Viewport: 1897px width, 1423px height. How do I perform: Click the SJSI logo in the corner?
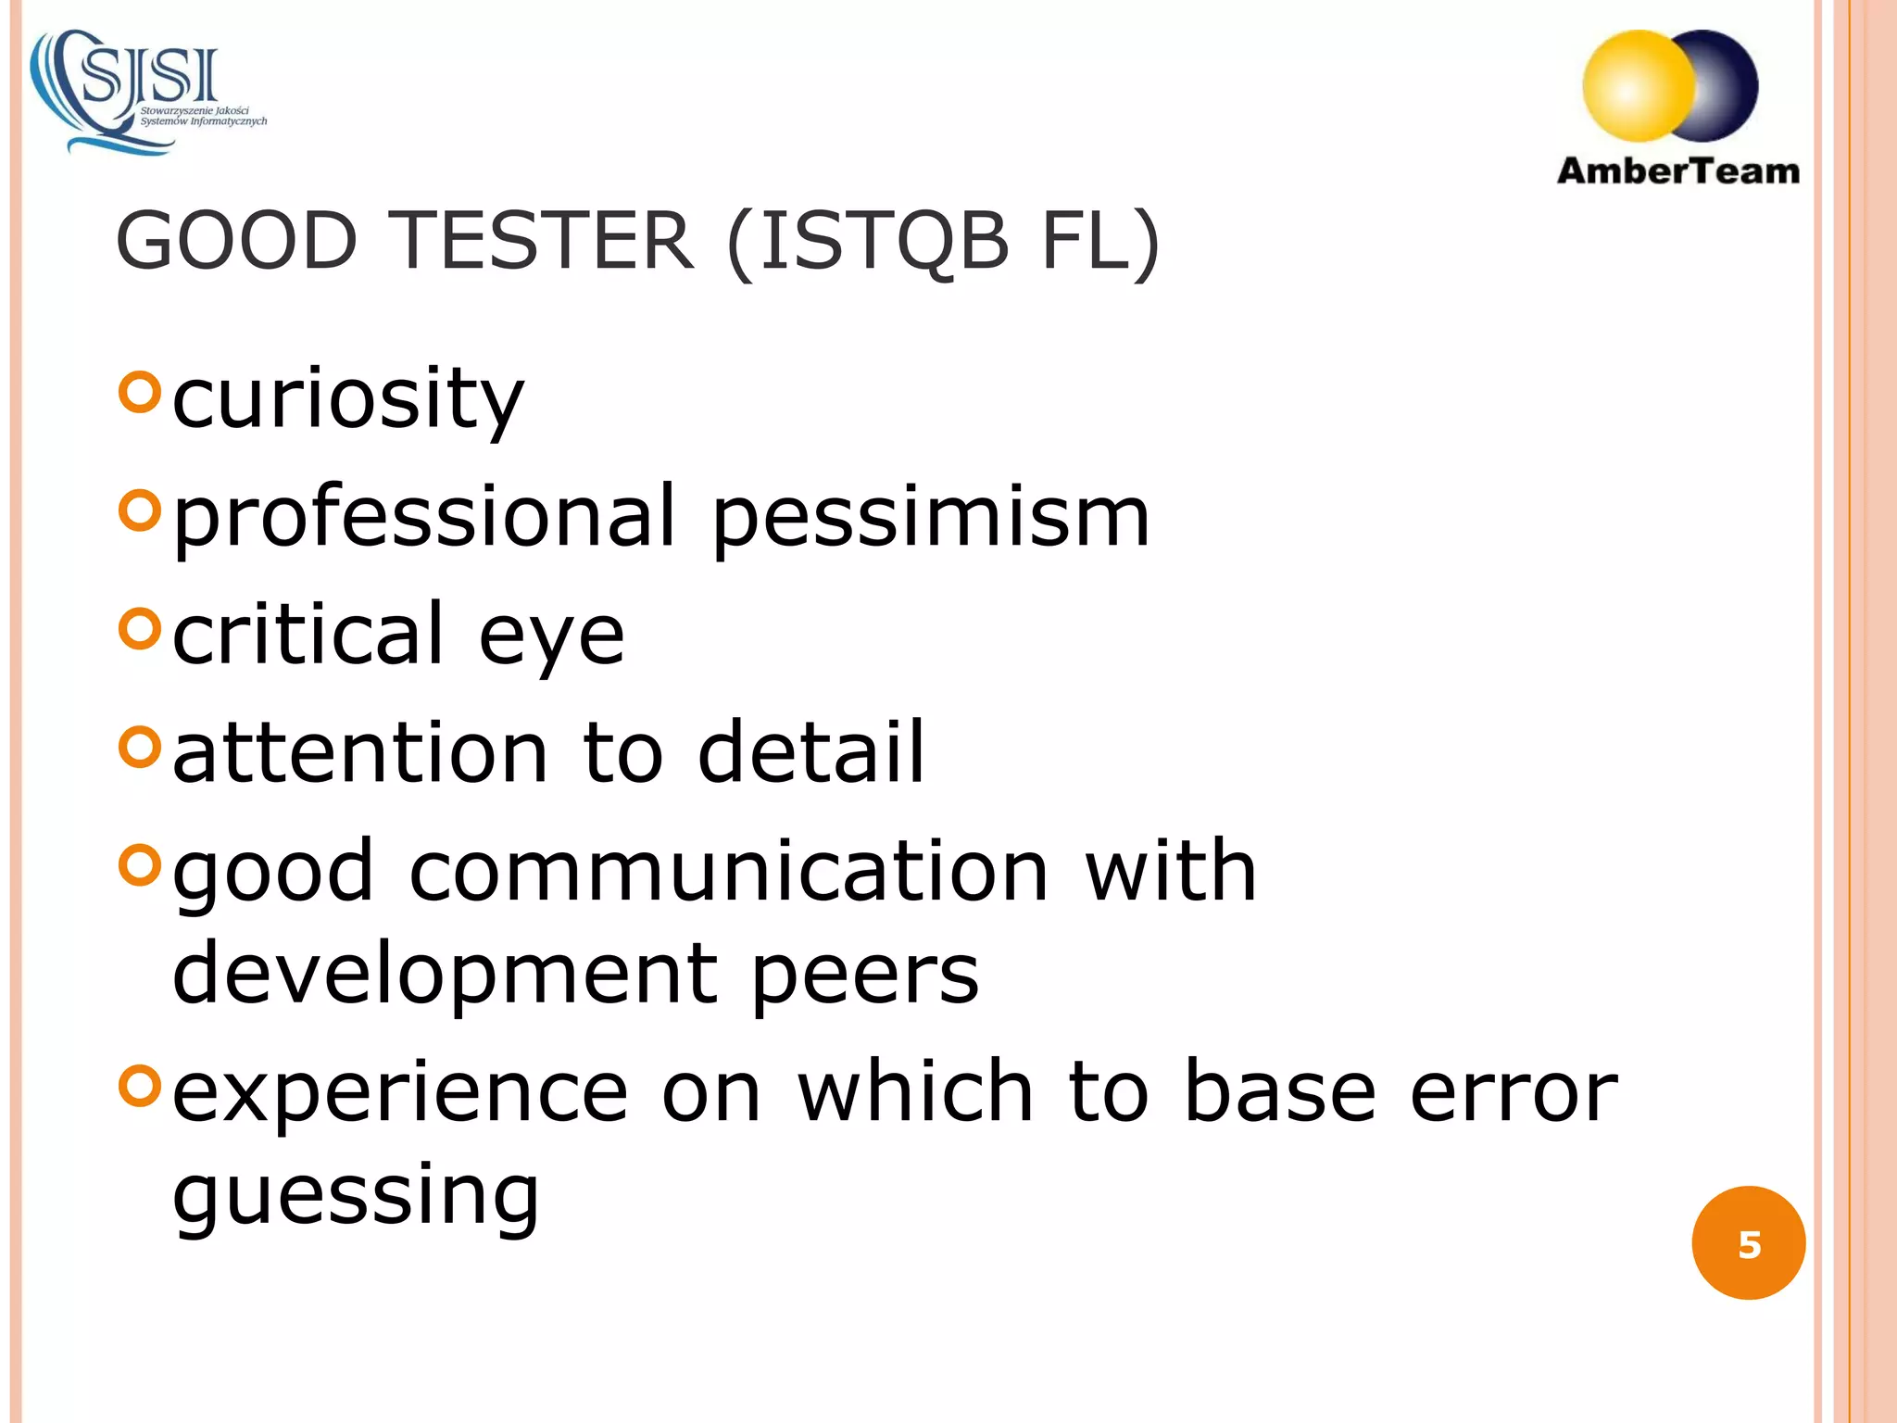click(148, 91)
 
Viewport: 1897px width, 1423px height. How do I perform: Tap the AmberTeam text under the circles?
click(1677, 171)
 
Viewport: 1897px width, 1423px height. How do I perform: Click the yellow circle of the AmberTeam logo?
click(1636, 86)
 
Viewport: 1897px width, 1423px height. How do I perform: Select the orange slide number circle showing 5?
click(1748, 1243)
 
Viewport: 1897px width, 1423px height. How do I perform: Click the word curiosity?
click(348, 398)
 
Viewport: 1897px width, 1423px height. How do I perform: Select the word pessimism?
click(931, 517)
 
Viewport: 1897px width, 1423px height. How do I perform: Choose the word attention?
click(361, 751)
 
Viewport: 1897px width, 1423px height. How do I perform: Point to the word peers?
click(864, 975)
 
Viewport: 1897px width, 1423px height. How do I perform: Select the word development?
click(445, 975)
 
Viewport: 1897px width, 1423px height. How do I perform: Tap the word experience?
click(400, 1093)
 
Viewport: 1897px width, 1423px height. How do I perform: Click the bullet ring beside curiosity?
click(140, 392)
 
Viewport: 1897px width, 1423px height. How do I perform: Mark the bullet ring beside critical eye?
click(140, 630)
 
